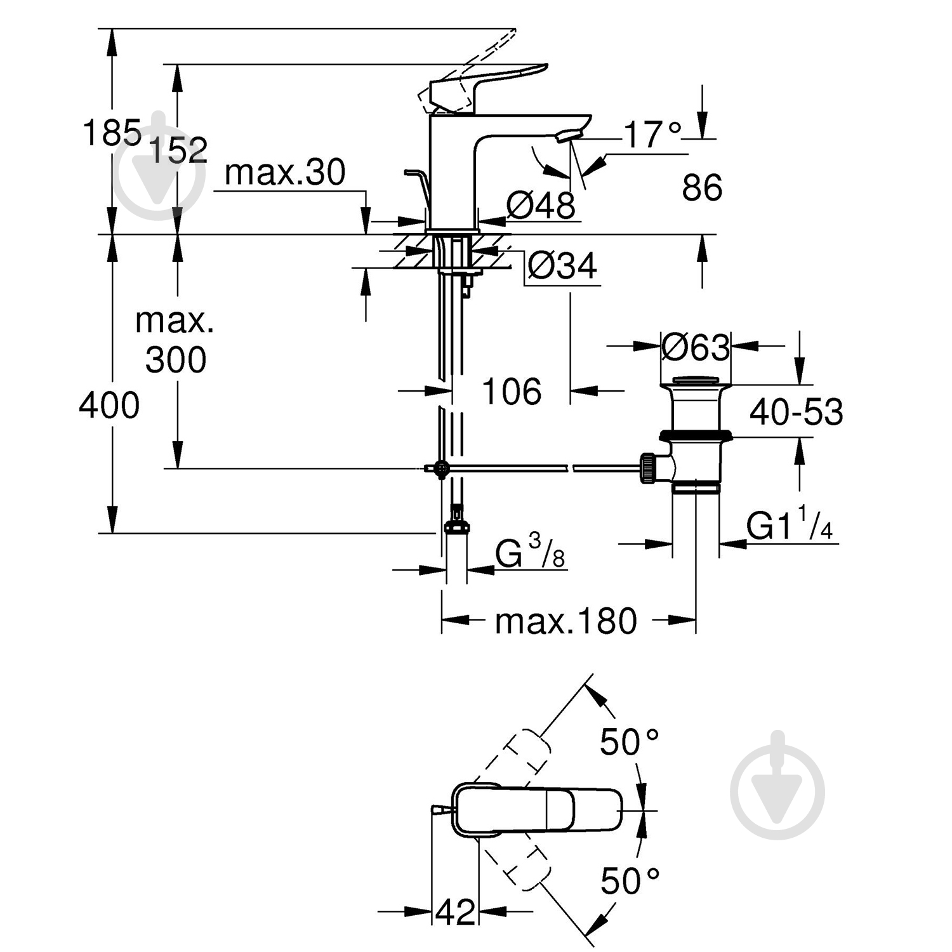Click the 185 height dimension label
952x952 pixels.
(x=112, y=134)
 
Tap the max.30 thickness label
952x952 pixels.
(x=285, y=172)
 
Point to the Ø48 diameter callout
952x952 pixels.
(x=541, y=205)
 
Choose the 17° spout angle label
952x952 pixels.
(x=652, y=135)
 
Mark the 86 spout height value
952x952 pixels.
(x=702, y=188)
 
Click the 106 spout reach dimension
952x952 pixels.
(x=512, y=391)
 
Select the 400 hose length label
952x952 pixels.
(x=109, y=405)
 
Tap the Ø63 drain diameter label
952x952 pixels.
(x=696, y=347)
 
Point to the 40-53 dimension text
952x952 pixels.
(x=796, y=412)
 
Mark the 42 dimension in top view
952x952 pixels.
(x=456, y=912)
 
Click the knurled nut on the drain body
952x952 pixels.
(x=649, y=469)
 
